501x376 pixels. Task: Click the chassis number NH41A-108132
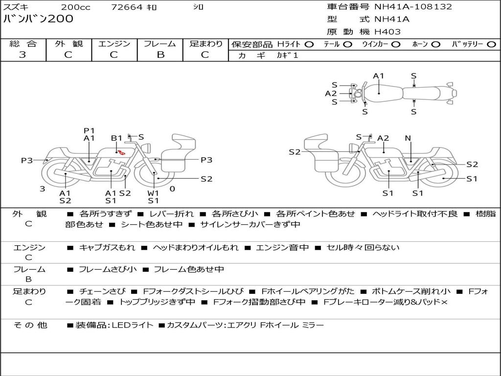click(x=413, y=7)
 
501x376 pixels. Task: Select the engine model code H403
click(x=387, y=32)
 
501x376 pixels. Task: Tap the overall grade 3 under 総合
click(x=23, y=55)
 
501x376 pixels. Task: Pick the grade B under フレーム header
click(x=160, y=55)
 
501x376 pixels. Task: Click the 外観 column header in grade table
click(x=68, y=44)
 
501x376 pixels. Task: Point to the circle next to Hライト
click(x=309, y=45)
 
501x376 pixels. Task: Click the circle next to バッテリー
click(x=491, y=45)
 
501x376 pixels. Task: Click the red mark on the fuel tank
click(x=121, y=153)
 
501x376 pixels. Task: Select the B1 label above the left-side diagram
click(x=116, y=138)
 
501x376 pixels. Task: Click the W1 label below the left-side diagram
click(x=153, y=193)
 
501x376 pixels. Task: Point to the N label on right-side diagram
click(x=408, y=138)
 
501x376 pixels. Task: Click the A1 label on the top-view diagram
click(x=378, y=76)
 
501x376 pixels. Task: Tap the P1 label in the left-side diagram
click(x=89, y=131)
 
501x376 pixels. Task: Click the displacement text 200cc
click(x=76, y=7)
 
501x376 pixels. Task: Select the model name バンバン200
click(x=38, y=19)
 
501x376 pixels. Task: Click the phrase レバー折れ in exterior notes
click(x=171, y=213)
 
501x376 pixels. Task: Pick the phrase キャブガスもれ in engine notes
click(x=107, y=247)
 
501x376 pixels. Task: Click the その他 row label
click(x=30, y=325)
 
